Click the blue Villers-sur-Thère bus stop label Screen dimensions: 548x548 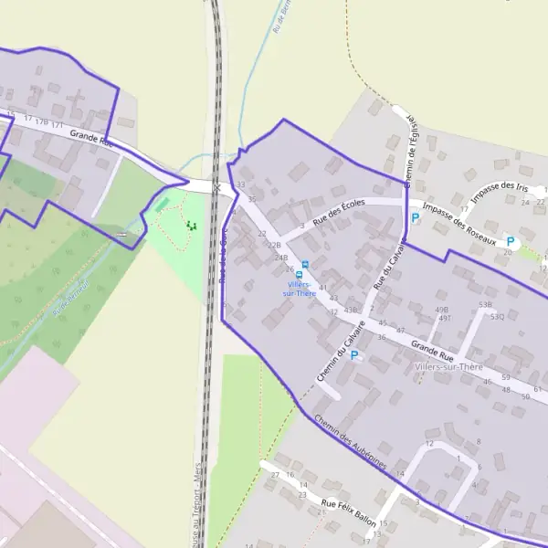(x=300, y=289)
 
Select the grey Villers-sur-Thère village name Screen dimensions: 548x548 (x=448, y=366)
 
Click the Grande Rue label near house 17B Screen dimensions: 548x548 (x=91, y=138)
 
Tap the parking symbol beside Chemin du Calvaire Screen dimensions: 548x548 (x=354, y=355)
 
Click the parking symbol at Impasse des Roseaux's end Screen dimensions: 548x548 (x=511, y=242)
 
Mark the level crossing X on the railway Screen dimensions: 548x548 (x=216, y=187)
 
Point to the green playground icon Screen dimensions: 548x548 (x=190, y=225)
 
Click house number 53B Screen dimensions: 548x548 (x=485, y=304)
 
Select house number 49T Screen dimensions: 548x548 (x=445, y=319)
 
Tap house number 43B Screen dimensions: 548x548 (x=350, y=311)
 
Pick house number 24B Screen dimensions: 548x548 (x=280, y=258)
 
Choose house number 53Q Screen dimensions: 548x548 (x=497, y=317)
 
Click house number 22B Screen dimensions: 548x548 (x=273, y=246)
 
